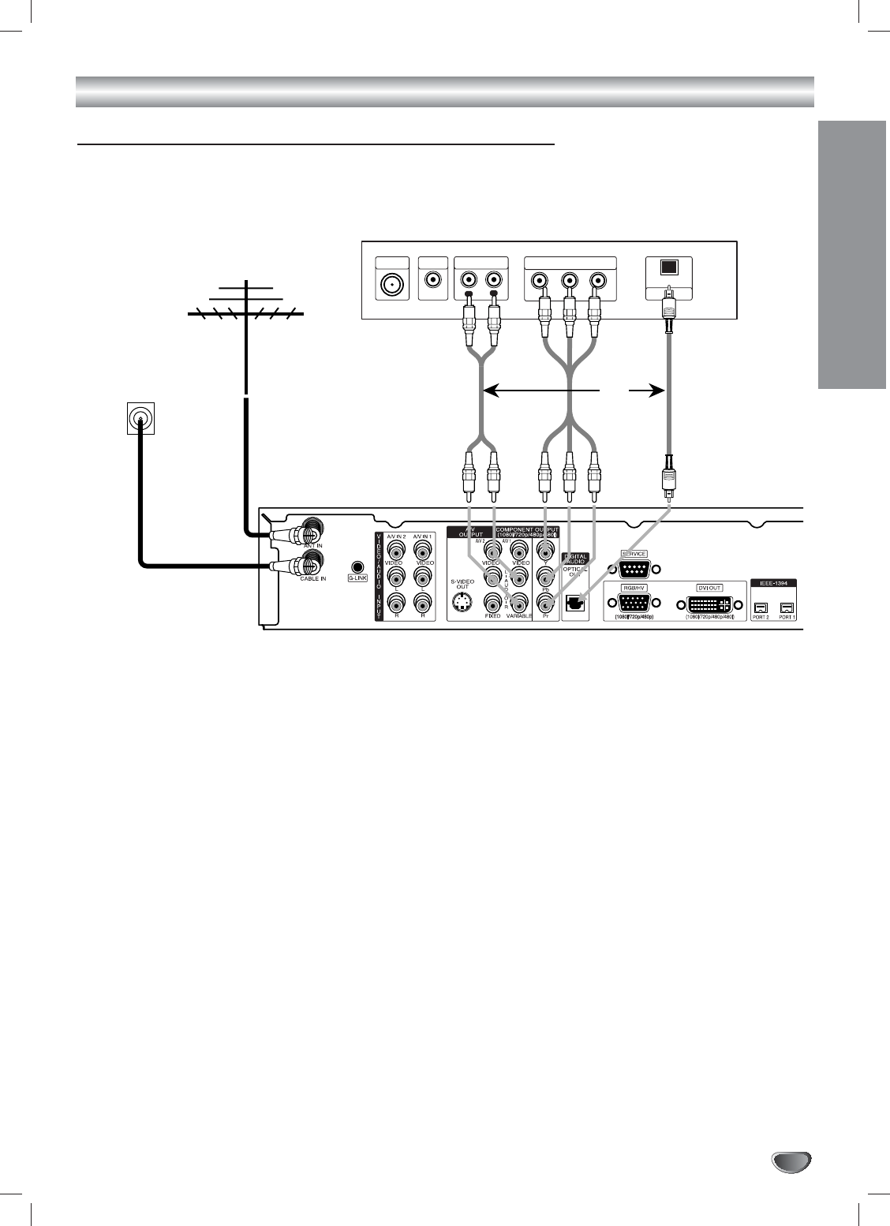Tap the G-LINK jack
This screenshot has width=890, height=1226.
pos(359,566)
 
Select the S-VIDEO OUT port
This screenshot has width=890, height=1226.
pos(462,605)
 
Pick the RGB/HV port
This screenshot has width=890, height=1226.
pos(635,604)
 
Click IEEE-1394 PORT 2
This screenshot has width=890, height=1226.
pos(761,607)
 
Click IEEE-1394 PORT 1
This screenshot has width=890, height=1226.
pos(787,607)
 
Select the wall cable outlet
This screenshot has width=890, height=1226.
pos(140,417)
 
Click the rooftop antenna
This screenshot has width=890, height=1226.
pos(246,305)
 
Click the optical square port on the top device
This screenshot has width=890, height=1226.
pos(668,267)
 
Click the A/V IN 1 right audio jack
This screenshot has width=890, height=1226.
pos(424,604)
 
